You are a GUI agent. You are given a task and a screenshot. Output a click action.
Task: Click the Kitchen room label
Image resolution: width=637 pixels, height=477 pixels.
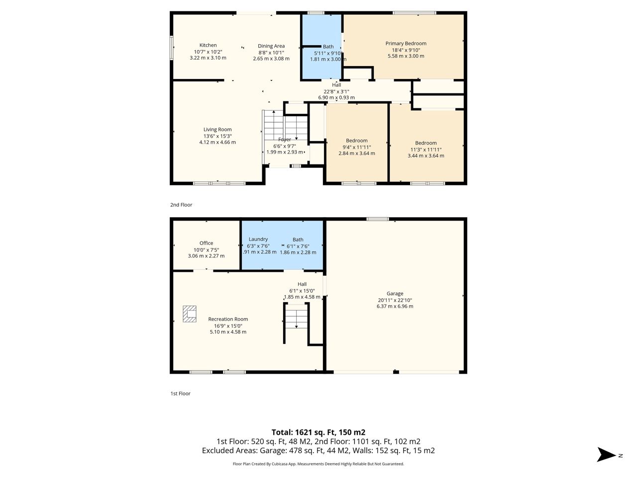point(208,45)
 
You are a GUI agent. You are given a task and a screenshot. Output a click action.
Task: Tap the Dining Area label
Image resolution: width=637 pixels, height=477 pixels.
point(271,46)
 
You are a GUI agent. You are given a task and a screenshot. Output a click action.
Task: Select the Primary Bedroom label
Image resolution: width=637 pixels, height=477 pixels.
point(406,43)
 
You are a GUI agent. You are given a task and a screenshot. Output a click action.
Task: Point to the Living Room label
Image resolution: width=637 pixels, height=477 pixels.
point(217,130)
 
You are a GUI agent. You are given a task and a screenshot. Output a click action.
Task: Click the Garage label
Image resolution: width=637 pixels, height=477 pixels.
point(395,293)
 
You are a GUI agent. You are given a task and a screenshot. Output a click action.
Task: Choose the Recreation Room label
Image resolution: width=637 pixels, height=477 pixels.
point(228,319)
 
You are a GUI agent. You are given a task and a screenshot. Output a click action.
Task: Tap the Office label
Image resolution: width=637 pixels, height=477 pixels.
point(206,243)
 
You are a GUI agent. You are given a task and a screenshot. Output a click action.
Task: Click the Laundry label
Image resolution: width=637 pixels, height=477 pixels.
point(258,239)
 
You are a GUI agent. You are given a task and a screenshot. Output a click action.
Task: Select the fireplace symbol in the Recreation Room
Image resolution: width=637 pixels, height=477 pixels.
point(190,314)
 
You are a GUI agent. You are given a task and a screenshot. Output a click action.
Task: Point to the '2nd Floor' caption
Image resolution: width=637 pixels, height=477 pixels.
point(181,205)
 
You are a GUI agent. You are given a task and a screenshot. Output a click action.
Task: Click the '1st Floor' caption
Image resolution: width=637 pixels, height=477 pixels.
point(180,394)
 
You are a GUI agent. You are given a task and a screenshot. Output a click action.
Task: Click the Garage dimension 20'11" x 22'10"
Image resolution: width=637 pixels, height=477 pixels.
point(395,300)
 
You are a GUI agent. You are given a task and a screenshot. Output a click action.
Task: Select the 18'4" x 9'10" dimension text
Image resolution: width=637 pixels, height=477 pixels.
point(406,50)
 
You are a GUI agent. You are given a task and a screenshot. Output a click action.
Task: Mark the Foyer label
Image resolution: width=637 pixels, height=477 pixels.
point(284,140)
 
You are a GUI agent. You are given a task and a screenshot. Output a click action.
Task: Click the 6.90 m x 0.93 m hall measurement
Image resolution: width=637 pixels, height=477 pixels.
point(336,97)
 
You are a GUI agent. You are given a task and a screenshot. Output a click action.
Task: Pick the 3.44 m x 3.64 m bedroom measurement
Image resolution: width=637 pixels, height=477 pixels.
point(425,156)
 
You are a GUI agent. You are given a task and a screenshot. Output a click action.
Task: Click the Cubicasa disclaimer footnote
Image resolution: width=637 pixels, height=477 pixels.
point(318,464)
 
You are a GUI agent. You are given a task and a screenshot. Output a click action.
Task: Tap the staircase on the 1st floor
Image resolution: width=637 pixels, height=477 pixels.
point(296,318)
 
